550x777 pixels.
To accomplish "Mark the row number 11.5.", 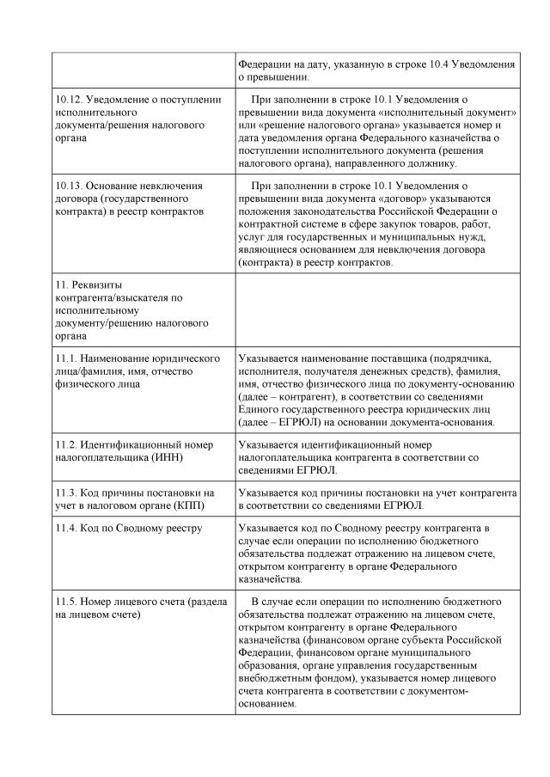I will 64,602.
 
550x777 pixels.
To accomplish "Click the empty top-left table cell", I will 142,70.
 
